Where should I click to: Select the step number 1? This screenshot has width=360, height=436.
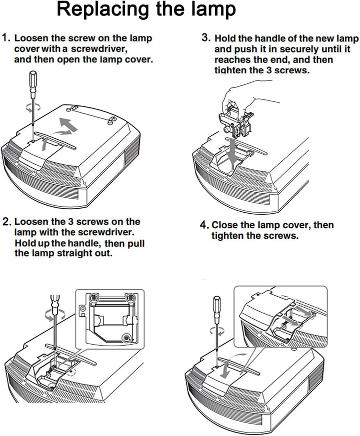point(6,38)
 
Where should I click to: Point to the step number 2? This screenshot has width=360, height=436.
point(6,222)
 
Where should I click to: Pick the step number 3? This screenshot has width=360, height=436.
point(206,38)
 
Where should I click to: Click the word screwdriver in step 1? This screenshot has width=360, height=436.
point(98,49)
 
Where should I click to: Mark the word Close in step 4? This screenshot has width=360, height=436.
point(226,225)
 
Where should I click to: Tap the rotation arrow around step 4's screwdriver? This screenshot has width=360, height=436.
point(216,330)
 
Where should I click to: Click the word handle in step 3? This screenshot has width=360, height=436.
point(270,38)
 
